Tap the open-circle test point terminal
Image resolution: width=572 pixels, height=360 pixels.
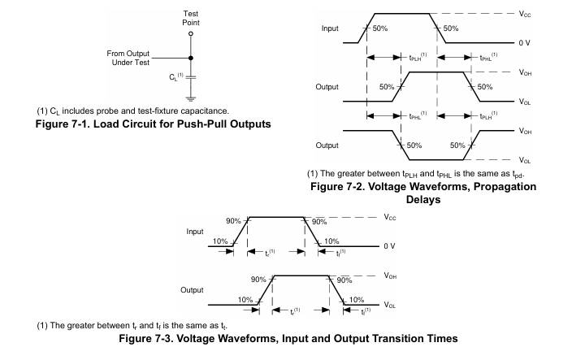click(x=191, y=34)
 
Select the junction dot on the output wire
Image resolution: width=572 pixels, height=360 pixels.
click(x=191, y=58)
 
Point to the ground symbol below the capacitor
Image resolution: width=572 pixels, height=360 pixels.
click(x=191, y=99)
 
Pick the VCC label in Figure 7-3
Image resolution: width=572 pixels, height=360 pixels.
click(x=391, y=217)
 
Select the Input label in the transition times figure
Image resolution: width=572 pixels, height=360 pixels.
click(x=194, y=232)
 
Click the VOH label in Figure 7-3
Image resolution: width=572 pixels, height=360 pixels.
click(x=392, y=276)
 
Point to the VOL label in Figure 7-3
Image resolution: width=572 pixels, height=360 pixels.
click(x=392, y=306)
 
